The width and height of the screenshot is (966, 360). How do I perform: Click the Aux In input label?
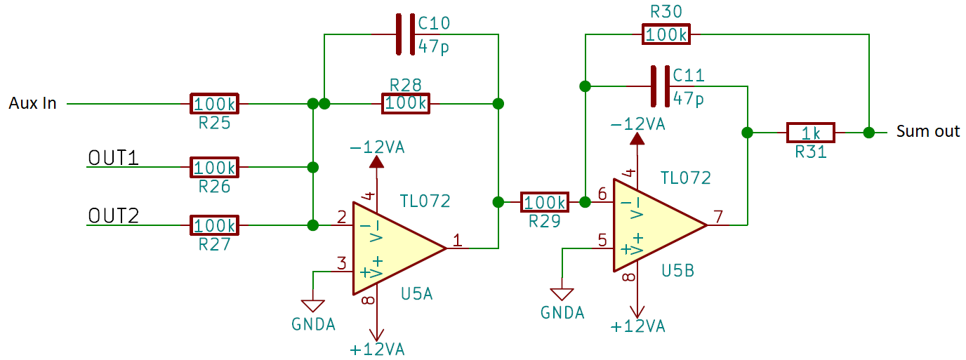tap(32, 104)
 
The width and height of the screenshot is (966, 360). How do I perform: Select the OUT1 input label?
tap(112, 158)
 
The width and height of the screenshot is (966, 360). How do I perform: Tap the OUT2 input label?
tap(112, 215)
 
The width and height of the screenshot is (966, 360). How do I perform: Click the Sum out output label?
tap(927, 131)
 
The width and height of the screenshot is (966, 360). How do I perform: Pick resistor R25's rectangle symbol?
tap(214, 104)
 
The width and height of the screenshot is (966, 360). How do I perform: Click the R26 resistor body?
tap(214, 168)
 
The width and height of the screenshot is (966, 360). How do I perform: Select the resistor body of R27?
tap(214, 226)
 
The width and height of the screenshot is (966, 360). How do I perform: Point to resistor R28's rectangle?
tap(405, 104)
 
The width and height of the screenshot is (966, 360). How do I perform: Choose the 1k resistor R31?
tap(811, 132)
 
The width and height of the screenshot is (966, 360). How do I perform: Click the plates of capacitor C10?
tap(406, 34)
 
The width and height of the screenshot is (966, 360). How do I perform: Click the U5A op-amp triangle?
tap(390, 248)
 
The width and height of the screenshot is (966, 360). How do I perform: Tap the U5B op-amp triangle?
tap(650, 225)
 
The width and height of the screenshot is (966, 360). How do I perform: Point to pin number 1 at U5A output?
tap(457, 241)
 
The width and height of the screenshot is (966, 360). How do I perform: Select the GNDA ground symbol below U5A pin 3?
tap(312, 306)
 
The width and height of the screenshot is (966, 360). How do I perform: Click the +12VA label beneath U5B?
tap(637, 326)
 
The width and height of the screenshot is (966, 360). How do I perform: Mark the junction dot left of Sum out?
tap(869, 132)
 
